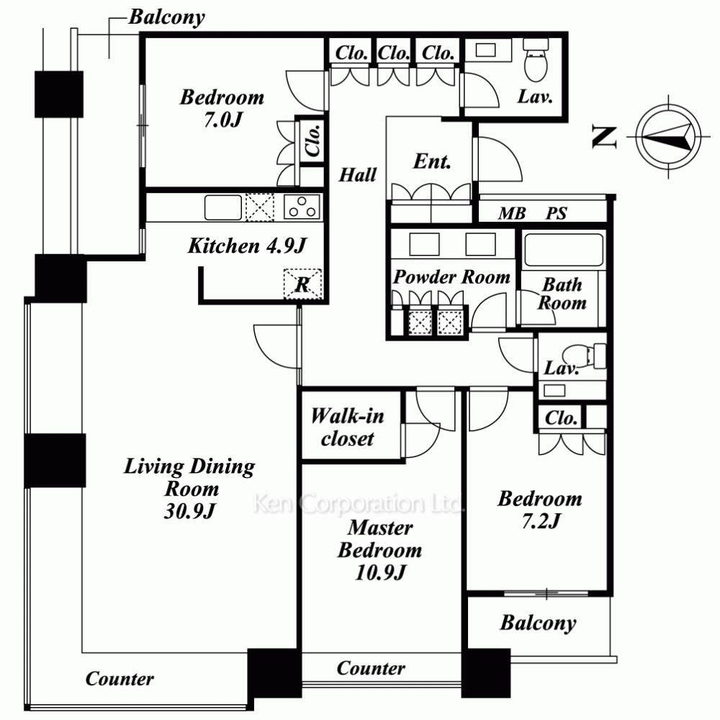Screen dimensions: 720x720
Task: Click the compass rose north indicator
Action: [x=668, y=136]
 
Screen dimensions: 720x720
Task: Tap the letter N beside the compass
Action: [x=604, y=138]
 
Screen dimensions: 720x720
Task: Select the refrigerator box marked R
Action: [x=302, y=284]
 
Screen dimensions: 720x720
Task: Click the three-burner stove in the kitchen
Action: [x=302, y=207]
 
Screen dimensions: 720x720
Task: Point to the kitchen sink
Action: [x=223, y=207]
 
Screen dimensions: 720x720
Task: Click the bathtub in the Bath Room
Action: [x=564, y=250]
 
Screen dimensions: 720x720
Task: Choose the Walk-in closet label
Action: [x=348, y=427]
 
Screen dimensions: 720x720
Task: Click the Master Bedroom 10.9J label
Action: [x=379, y=549]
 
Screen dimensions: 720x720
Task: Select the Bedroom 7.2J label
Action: [x=540, y=510]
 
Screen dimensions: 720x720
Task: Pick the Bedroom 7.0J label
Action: [x=222, y=109]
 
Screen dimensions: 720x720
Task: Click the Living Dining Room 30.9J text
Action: [x=189, y=488]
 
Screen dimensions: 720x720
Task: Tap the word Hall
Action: [x=358, y=175]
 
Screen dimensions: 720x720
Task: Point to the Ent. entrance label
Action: [x=431, y=161]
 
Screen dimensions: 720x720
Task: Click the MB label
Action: [x=512, y=214]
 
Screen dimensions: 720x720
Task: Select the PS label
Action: [x=557, y=214]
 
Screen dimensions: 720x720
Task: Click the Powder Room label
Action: [x=452, y=277]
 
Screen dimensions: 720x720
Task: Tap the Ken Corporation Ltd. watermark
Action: [x=358, y=503]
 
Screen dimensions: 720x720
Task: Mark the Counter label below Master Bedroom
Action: [x=371, y=668]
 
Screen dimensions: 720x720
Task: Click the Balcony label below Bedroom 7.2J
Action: [x=538, y=623]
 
